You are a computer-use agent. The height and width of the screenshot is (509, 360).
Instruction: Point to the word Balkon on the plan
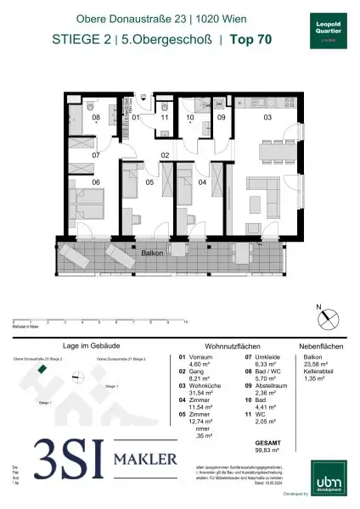coord(154,252)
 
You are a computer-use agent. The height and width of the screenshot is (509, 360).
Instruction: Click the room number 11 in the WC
coord(165,118)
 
